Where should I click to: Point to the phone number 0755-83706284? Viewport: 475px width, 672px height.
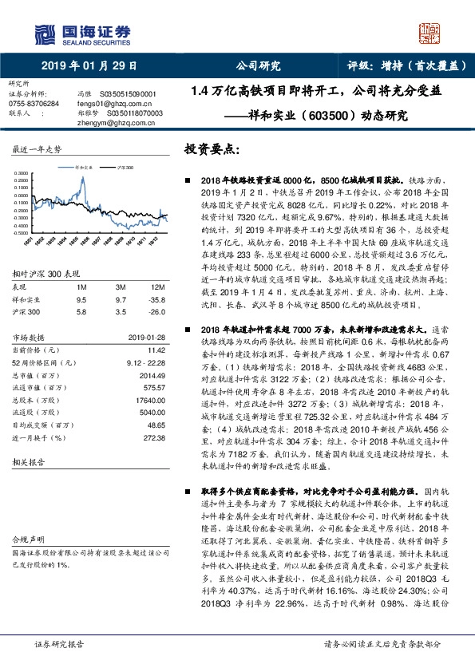[34, 104]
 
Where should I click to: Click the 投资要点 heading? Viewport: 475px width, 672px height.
[212, 150]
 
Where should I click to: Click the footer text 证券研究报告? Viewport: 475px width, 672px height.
[57, 643]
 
